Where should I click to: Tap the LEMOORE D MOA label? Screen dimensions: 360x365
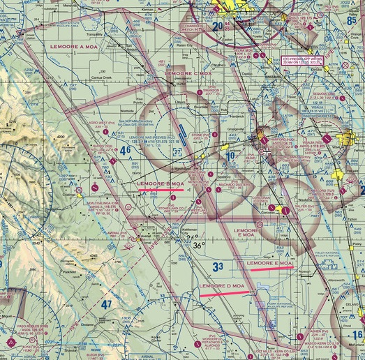click(x=222, y=287)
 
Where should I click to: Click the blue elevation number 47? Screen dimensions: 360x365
click(x=106, y=304)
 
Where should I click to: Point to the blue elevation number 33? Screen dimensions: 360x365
click(x=218, y=266)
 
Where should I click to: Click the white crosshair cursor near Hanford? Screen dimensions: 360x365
click(x=267, y=151)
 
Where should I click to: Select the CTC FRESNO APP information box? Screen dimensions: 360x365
click(x=302, y=61)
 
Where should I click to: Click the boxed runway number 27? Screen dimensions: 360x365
click(x=177, y=151)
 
